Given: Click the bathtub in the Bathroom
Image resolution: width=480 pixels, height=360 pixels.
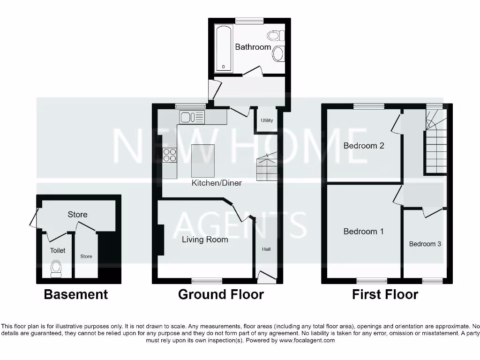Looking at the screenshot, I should (223, 48).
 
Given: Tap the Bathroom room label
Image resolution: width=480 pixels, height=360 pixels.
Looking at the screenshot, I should (253, 47).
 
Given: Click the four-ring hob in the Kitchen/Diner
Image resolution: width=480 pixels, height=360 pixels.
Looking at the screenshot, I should (170, 155).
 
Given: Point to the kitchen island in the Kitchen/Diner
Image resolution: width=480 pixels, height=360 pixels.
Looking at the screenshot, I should (203, 161).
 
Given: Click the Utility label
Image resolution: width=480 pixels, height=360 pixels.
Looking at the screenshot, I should (267, 120).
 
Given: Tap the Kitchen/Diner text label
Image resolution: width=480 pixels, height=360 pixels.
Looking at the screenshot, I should (217, 183).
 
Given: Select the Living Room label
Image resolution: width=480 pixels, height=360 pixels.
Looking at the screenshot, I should (205, 240).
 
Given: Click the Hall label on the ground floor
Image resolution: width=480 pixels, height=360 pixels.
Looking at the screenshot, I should (266, 249).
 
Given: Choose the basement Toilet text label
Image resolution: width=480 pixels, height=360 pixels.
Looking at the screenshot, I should (58, 250).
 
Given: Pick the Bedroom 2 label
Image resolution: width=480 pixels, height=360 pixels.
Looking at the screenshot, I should (364, 145).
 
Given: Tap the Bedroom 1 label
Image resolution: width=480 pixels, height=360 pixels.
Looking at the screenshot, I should (363, 231).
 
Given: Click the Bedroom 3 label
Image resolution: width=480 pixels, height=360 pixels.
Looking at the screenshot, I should (425, 244).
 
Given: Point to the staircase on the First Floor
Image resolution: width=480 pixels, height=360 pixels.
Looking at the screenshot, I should (435, 145).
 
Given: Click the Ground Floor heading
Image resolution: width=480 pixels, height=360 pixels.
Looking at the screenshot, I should (221, 294).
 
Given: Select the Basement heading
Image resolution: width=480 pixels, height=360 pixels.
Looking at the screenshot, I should (76, 294).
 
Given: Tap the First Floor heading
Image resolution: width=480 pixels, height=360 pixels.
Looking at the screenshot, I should (385, 294).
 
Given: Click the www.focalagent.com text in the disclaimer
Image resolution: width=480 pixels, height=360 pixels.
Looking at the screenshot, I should (307, 340).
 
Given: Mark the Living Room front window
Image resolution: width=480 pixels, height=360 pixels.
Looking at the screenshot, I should (207, 280).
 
